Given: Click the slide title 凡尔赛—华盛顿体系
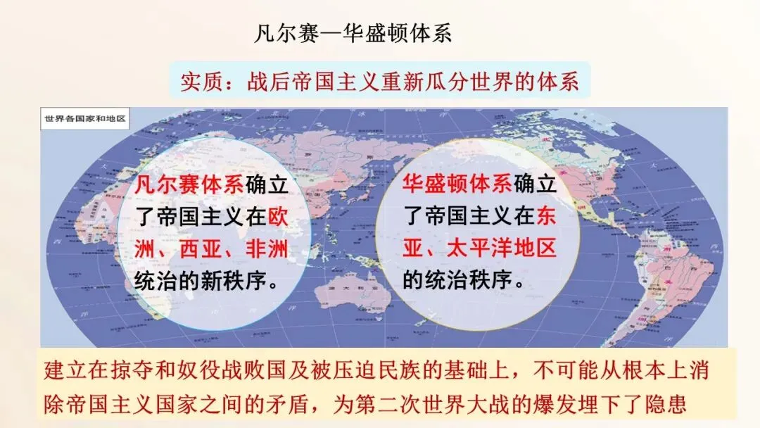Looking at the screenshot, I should pyautogui.click(x=352, y=34).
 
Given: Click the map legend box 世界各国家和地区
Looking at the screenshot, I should pyautogui.click(x=84, y=118).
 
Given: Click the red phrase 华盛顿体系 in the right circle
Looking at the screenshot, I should pyautogui.click(x=457, y=185).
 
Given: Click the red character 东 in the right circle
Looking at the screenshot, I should pyautogui.click(x=546, y=217).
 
